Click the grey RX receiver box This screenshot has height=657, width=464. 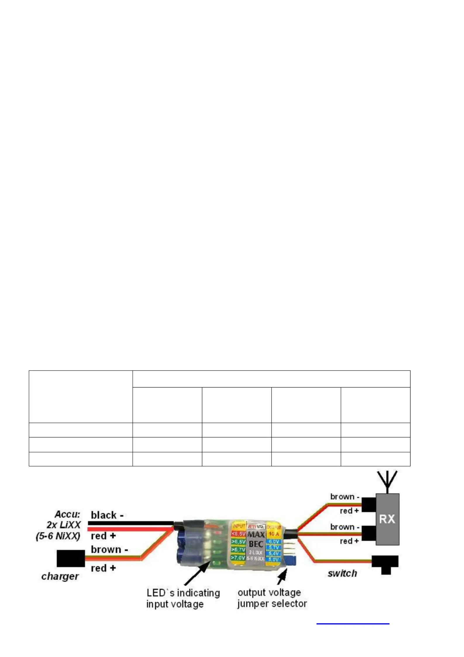pos(387,519)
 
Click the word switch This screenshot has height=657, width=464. pos(342,573)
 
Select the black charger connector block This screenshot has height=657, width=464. pos(71,558)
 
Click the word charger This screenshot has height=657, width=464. pos(60,576)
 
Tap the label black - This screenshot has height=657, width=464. pos(107,515)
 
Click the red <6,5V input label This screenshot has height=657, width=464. pos(238,534)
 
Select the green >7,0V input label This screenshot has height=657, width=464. pos(238,558)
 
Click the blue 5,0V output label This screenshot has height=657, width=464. pos(274,559)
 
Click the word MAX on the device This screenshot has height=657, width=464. pos(256,535)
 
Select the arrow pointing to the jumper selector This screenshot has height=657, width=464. pos(282,576)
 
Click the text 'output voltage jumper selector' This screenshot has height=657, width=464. pos(272,598)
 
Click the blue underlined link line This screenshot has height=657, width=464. pos(353,624)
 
